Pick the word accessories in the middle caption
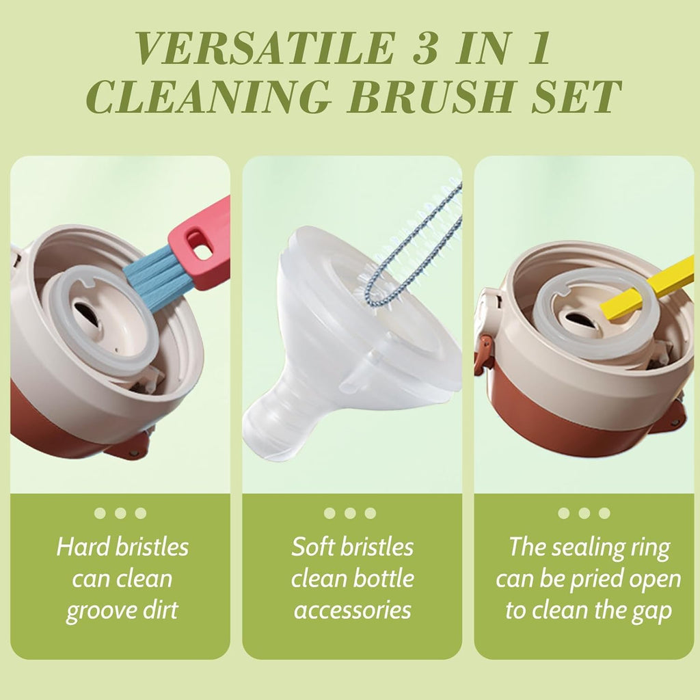(353, 610)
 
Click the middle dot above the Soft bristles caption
(351, 513)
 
